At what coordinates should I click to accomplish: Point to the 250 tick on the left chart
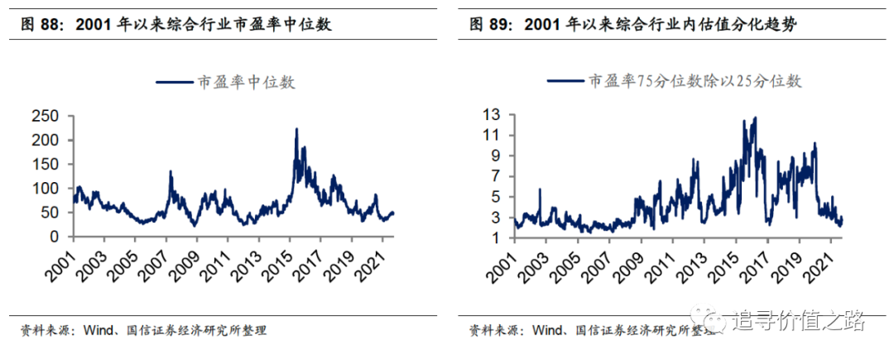click(46, 117)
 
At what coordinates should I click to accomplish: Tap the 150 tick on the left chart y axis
click(46, 165)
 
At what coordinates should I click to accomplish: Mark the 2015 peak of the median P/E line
click(296, 129)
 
